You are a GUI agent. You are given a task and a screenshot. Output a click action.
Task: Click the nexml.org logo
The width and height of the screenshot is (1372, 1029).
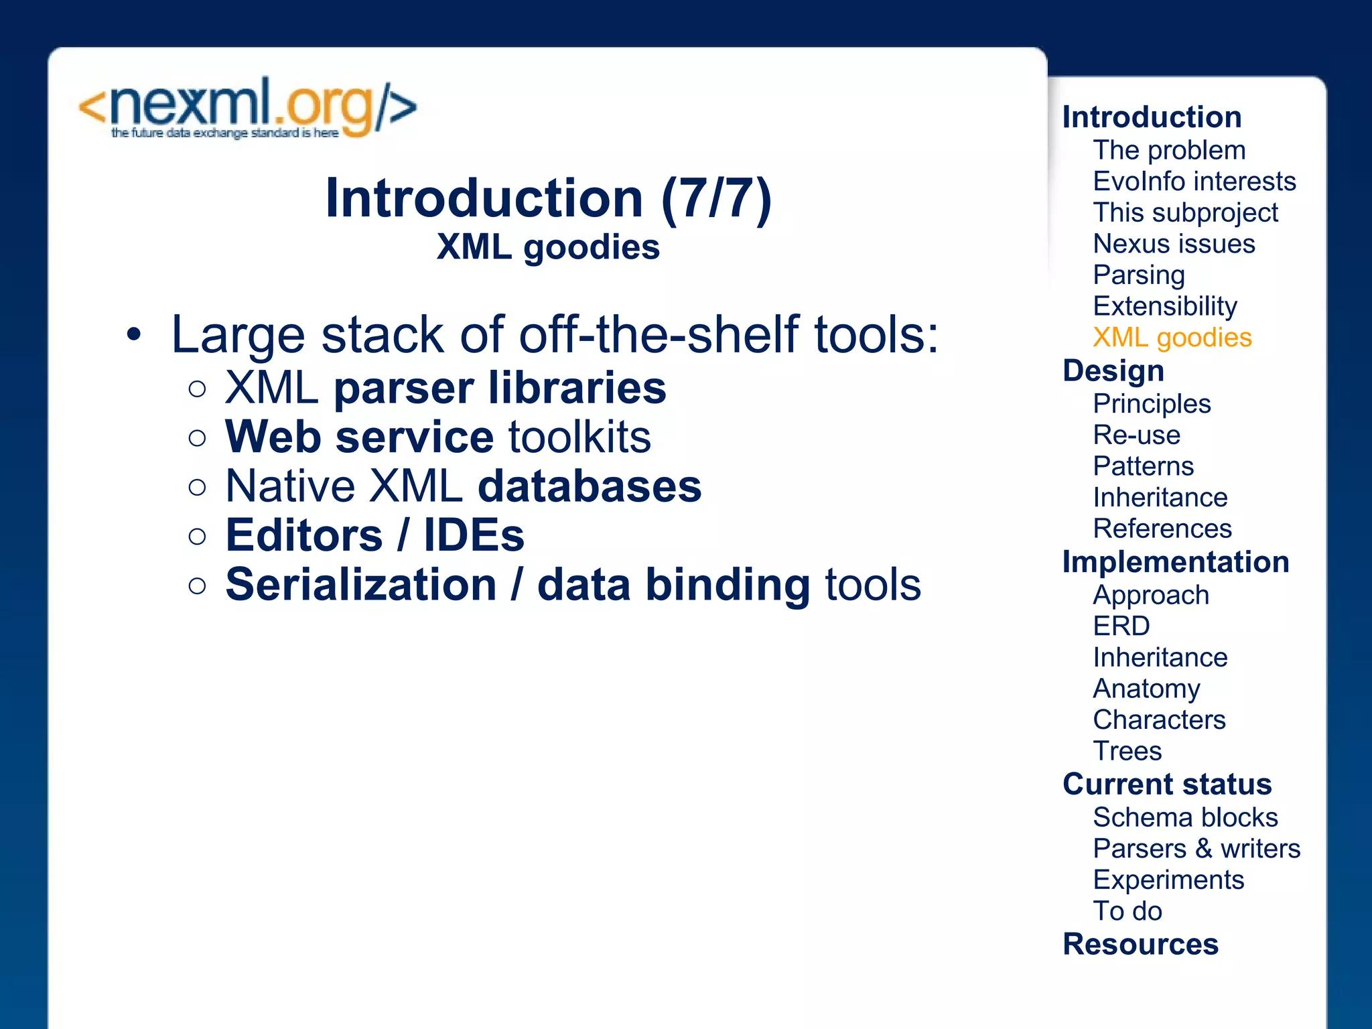click(x=248, y=109)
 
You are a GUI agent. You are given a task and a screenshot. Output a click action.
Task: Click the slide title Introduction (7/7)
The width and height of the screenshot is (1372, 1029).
click(x=548, y=198)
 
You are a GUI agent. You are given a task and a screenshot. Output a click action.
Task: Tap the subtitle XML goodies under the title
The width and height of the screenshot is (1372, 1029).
click(x=548, y=247)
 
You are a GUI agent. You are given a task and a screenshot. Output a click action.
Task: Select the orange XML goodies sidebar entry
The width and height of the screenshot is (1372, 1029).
click(x=1172, y=338)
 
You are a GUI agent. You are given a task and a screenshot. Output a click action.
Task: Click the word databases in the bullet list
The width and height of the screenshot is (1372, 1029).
click(x=590, y=486)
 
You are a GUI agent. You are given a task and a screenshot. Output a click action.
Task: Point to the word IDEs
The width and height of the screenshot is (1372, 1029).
click(x=474, y=535)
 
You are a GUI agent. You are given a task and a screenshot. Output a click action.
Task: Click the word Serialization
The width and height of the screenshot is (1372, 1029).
click(x=361, y=585)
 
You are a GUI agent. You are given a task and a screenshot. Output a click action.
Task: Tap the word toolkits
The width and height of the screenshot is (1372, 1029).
click(x=579, y=437)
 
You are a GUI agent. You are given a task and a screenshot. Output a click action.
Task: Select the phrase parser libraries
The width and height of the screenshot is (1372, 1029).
click(x=500, y=389)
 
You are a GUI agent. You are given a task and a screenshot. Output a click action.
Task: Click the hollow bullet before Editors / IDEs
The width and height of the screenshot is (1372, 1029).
click(x=197, y=537)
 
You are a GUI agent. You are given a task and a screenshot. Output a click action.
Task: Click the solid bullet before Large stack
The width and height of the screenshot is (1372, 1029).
click(x=134, y=335)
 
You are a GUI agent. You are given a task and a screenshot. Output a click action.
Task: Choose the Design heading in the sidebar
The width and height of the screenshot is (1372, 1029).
click(x=1113, y=370)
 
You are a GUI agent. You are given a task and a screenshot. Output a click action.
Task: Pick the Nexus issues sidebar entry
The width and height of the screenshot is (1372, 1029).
click(x=1174, y=244)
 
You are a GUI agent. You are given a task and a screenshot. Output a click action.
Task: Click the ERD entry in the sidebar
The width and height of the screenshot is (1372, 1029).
click(x=1121, y=626)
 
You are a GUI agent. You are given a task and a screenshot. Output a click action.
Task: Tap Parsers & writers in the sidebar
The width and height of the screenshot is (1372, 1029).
click(x=1196, y=849)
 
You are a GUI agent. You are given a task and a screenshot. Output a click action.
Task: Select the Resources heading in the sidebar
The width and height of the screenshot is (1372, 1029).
click(x=1140, y=945)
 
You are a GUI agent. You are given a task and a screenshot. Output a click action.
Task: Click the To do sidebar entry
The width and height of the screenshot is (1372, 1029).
click(x=1127, y=911)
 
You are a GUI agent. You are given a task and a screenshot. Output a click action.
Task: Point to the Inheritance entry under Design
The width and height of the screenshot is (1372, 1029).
click(x=1160, y=498)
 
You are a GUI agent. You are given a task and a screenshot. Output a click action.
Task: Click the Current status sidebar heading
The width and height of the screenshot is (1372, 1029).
click(x=1167, y=784)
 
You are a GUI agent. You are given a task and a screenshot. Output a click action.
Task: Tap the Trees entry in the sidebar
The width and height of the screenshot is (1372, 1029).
click(x=1127, y=751)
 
